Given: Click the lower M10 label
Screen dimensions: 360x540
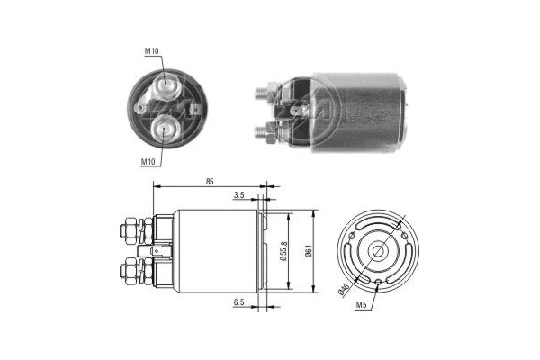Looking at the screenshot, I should point(149,161).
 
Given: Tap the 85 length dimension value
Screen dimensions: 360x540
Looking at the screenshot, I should point(209,182).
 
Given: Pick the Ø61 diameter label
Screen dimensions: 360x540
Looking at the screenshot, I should point(308,251).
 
